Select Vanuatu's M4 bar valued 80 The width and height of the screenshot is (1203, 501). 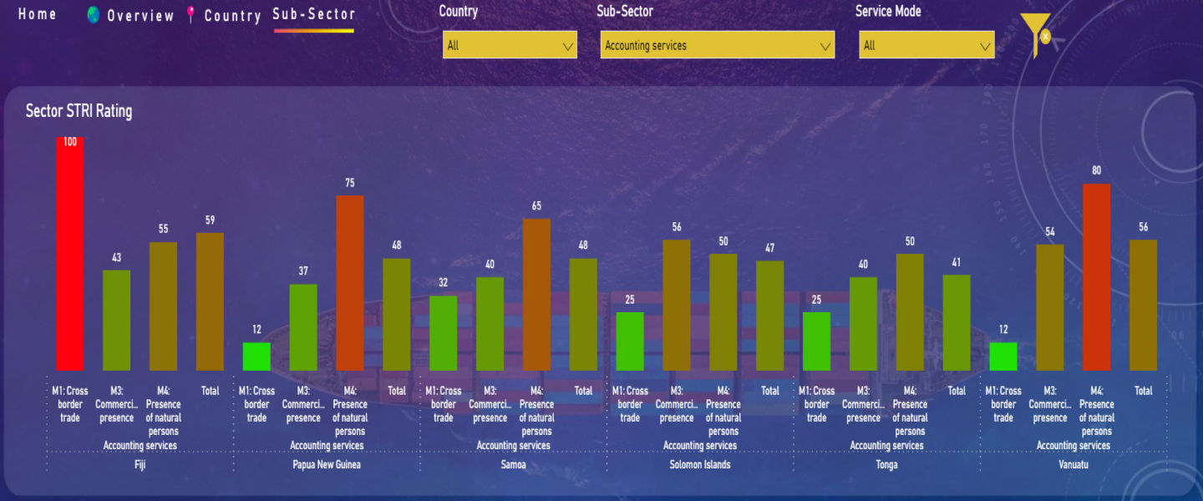pyautogui.click(x=1096, y=276)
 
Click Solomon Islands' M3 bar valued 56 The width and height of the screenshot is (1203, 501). pyautogui.click(x=677, y=305)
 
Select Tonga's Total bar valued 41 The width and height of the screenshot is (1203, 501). pyautogui.click(x=957, y=322)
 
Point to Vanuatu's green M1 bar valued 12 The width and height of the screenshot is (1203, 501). pyautogui.click(x=1002, y=357)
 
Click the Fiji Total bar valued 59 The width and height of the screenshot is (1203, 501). pyautogui.click(x=210, y=301)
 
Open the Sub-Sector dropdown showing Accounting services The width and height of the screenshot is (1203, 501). pyautogui.click(x=717, y=45)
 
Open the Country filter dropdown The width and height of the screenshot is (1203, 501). pyautogui.click(x=510, y=45)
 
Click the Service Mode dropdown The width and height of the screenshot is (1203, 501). pyautogui.click(x=926, y=45)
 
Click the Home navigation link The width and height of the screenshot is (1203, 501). pyautogui.click(x=38, y=14)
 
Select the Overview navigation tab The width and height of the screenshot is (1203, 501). pyautogui.click(x=140, y=16)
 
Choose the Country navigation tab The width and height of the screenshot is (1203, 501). pyautogui.click(x=232, y=16)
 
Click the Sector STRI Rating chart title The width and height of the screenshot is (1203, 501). pyautogui.click(x=79, y=111)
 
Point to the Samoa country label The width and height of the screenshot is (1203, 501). pyautogui.click(x=513, y=464)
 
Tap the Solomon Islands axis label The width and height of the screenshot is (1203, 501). pyautogui.click(x=700, y=464)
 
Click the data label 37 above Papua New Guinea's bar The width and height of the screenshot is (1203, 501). pyautogui.click(x=303, y=271)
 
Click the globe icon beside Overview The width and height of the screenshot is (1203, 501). pyautogui.click(x=94, y=15)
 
